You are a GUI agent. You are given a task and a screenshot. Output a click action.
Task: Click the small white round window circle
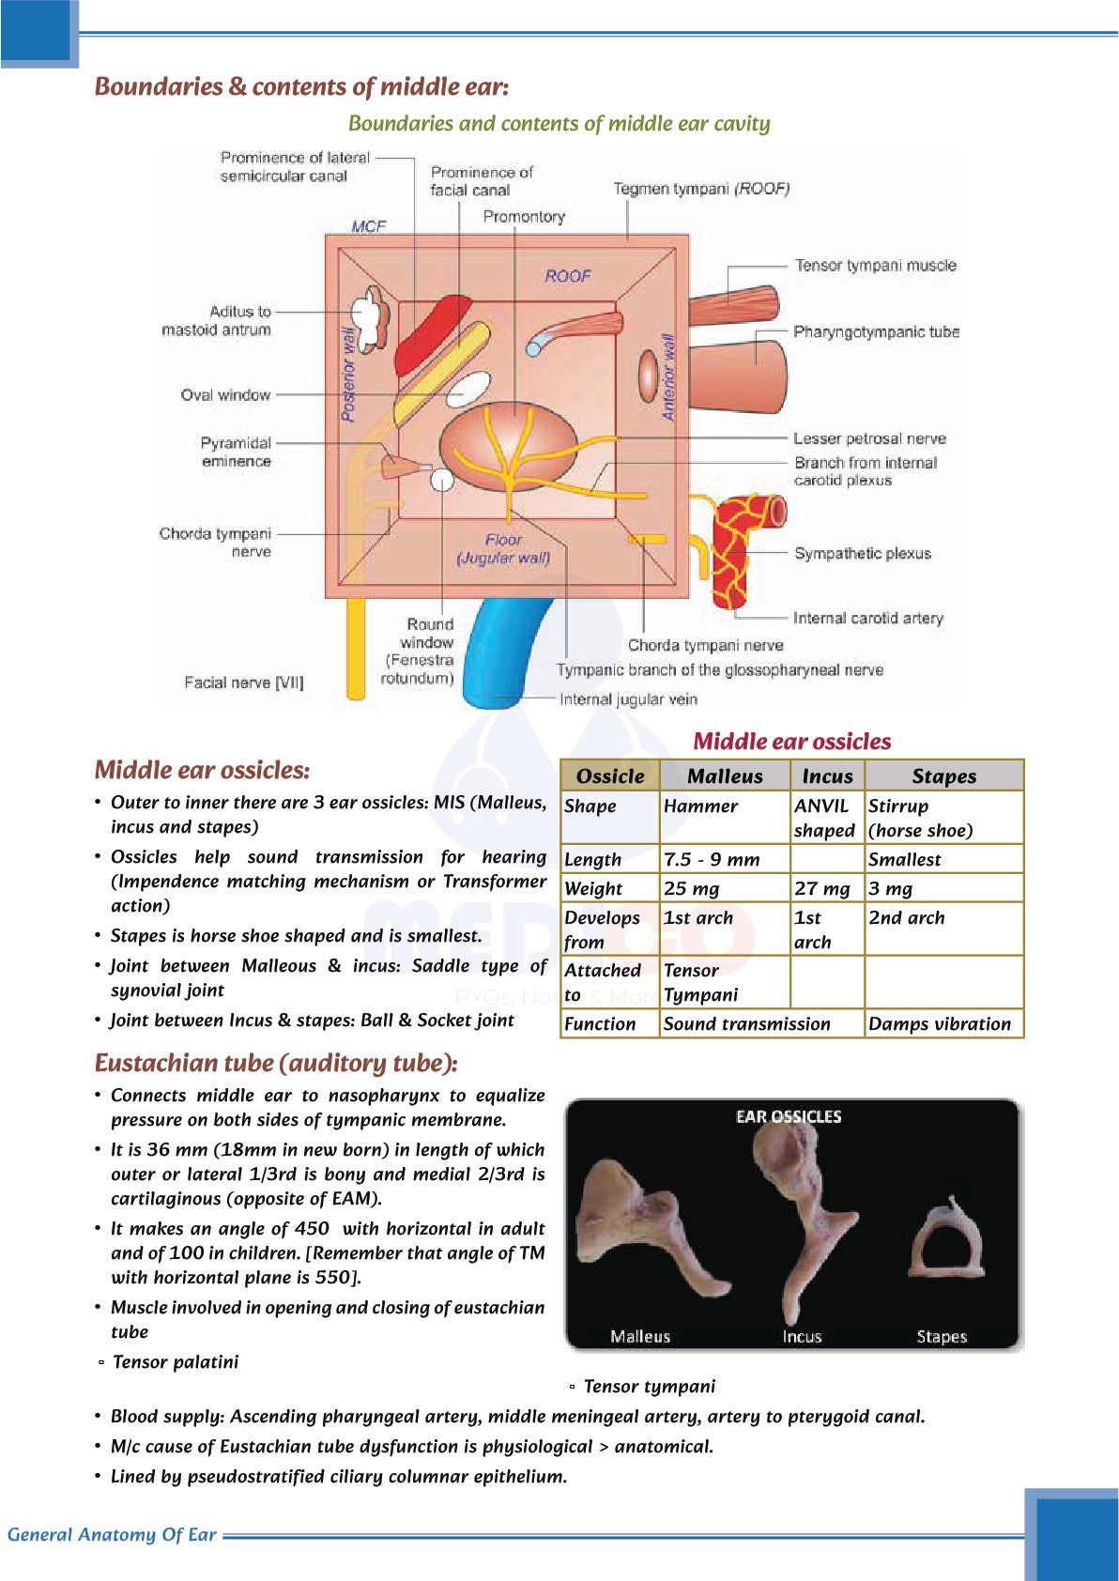point(441,480)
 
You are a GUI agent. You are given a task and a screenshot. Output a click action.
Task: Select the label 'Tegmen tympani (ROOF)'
point(701,189)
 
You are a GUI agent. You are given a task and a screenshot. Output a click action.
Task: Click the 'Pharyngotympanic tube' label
point(876,331)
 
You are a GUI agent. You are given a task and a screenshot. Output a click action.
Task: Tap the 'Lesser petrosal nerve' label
point(869,438)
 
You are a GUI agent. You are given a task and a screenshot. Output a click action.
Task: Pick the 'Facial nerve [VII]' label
point(243,683)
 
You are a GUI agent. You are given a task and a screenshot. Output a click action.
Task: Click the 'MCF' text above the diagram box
point(368,226)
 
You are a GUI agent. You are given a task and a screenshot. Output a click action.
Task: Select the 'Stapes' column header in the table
point(943,776)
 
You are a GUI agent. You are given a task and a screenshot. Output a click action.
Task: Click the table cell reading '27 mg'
point(821,888)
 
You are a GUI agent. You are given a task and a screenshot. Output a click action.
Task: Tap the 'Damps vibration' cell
point(940,1024)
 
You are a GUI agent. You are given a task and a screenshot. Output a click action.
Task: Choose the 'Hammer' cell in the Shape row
point(700,806)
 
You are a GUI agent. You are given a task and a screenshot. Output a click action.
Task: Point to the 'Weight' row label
point(593,888)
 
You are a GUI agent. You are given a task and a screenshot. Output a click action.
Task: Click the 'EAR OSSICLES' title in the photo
point(789,1116)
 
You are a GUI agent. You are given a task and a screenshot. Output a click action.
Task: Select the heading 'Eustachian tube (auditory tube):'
point(276,1063)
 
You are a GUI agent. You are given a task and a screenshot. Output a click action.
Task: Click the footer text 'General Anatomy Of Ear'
point(112,1535)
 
